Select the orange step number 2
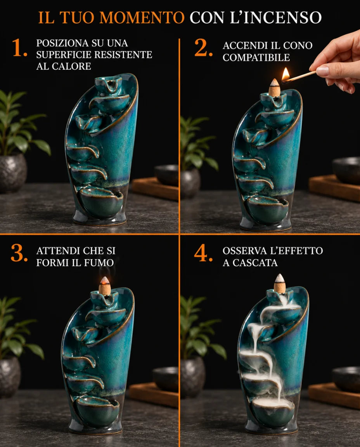(x=203, y=48)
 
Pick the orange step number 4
(x=203, y=253)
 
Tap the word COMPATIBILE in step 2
(x=256, y=57)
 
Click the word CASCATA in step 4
(x=255, y=263)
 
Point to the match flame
(x=285, y=74)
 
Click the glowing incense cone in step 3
(x=105, y=286)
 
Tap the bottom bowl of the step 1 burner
(x=101, y=201)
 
